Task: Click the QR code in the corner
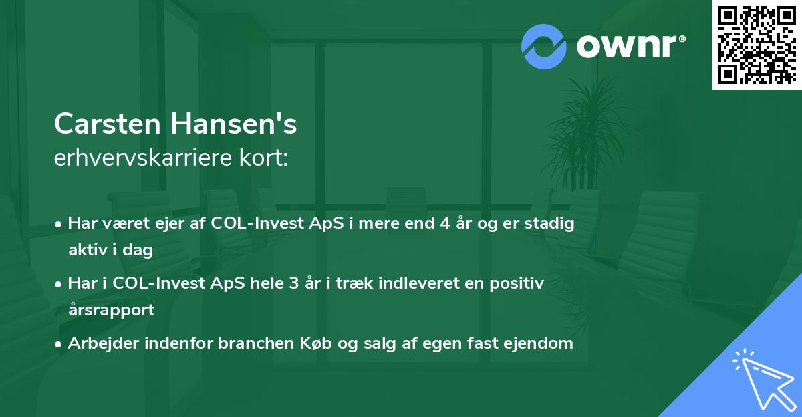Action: (x=757, y=44)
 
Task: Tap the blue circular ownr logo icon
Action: (x=544, y=46)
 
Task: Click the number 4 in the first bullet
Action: (x=444, y=223)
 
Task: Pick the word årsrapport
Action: (x=111, y=309)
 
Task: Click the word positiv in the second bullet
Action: (x=519, y=283)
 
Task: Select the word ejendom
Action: (x=541, y=343)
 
